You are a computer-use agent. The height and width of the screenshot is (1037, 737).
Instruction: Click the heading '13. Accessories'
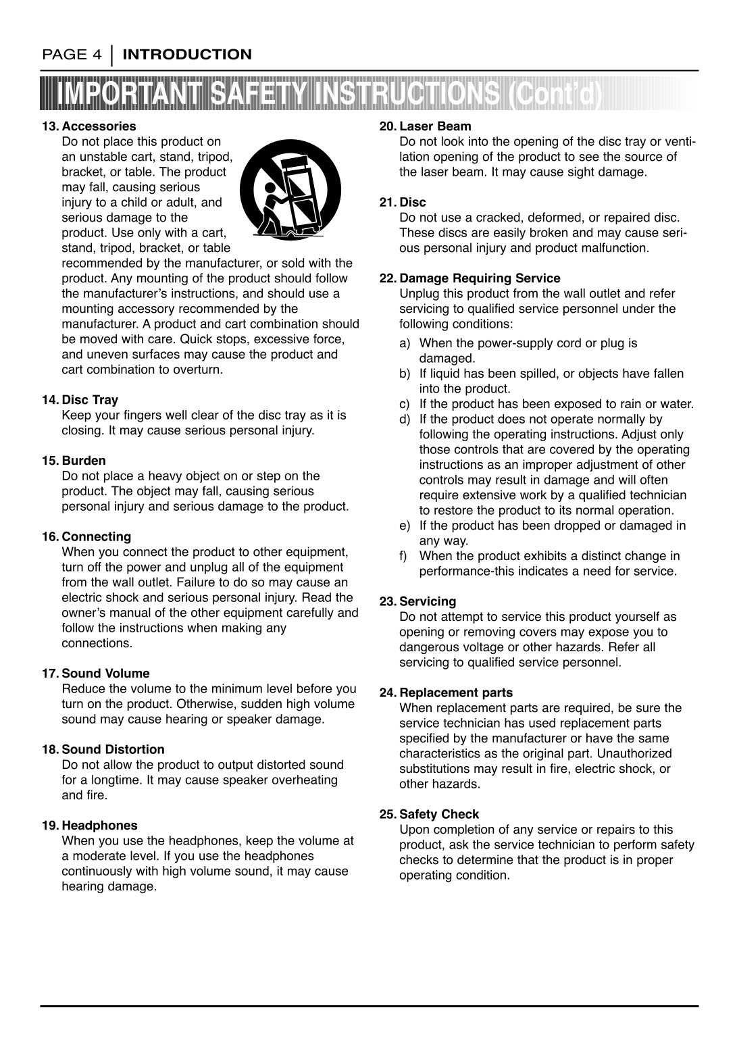point(88,126)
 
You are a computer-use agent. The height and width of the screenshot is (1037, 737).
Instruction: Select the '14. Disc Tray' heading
point(80,400)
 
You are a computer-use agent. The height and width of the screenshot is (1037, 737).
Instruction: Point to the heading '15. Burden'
point(74,461)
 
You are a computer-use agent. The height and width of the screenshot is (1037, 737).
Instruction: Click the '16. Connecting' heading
point(86,537)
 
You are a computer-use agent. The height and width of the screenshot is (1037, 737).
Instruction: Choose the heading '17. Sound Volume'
point(96,674)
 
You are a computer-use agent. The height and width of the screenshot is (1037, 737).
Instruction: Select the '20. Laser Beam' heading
point(426,126)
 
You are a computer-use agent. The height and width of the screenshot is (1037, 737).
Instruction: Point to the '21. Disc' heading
point(403,202)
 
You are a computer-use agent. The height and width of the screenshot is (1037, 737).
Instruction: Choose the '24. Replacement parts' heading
point(447,692)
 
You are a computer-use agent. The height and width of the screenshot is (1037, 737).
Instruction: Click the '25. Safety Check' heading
point(430,814)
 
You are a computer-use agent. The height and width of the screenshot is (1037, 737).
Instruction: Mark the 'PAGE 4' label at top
point(72,55)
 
